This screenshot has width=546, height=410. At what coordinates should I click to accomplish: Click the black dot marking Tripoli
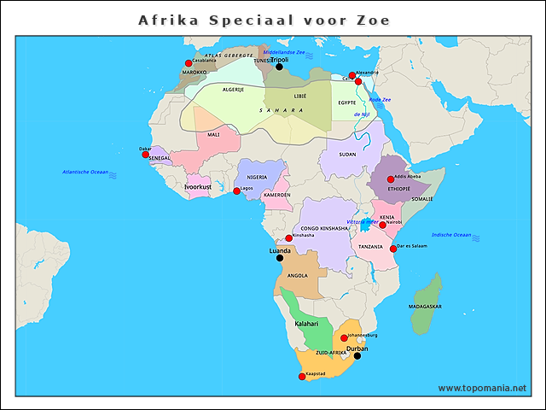tap(279, 67)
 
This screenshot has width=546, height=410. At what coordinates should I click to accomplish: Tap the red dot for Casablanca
tap(189, 63)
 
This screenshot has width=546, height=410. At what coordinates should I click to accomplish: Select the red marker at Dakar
tap(146, 154)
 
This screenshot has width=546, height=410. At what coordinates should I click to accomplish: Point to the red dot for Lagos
tap(237, 190)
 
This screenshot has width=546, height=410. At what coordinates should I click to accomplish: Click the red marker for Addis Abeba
tap(391, 179)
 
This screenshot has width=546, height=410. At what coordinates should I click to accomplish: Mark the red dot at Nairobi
tap(383, 225)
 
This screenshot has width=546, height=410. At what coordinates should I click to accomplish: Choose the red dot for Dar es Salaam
tap(393, 249)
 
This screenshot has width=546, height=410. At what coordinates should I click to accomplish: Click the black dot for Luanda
tap(280, 257)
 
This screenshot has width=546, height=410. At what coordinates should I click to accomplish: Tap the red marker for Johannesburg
tap(345, 338)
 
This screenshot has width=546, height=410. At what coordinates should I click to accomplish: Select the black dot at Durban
tap(357, 356)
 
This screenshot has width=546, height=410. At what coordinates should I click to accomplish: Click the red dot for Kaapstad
tap(301, 377)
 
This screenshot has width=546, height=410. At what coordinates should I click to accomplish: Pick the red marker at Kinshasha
tap(289, 238)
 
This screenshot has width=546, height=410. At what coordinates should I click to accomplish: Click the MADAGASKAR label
tap(425, 306)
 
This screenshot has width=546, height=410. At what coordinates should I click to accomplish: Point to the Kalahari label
tap(306, 324)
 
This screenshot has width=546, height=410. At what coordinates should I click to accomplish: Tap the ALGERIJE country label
tap(233, 89)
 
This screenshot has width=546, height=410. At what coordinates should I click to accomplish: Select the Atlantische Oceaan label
tap(85, 172)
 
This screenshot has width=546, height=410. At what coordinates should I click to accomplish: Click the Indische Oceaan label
tap(451, 235)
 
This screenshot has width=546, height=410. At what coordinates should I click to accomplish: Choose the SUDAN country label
tap(348, 155)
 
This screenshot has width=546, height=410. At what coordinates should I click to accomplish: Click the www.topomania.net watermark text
tap(482, 388)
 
